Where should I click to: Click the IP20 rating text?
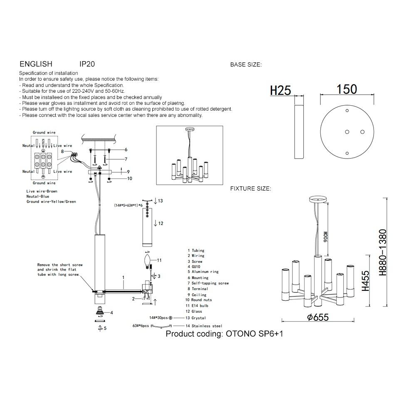pos(87,64)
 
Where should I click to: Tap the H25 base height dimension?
pos(280,90)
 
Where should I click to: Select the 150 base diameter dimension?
pos(347,89)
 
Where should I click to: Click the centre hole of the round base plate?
pos(347,132)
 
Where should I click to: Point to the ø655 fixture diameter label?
pos(318,317)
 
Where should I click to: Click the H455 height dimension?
pos(366,281)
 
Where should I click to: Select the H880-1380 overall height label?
pos(383,253)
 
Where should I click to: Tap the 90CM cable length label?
pos(326,237)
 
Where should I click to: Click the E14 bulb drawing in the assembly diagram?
pos(147,261)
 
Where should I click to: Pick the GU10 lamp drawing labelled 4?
pos(100,311)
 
